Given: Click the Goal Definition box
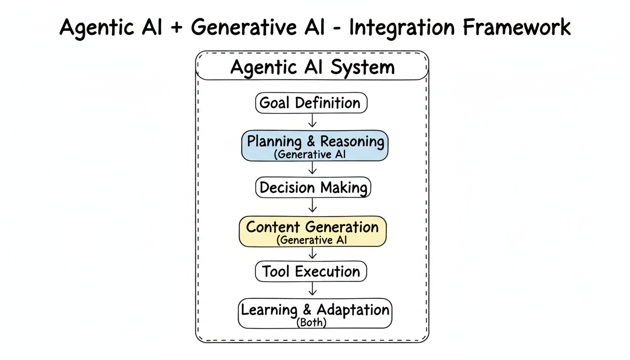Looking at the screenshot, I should click(x=311, y=103).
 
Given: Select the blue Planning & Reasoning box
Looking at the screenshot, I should click(x=315, y=146).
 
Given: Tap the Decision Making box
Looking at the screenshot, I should click(x=313, y=188).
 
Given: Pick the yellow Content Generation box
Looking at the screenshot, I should click(x=313, y=231).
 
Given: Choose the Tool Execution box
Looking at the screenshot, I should click(x=311, y=271).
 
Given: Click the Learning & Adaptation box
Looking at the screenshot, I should click(x=315, y=313).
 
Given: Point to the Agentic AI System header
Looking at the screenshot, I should click(x=312, y=68).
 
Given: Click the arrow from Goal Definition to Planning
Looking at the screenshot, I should click(x=312, y=121).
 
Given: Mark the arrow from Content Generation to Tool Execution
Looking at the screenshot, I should click(x=312, y=254).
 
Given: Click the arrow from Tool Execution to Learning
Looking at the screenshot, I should click(x=312, y=289).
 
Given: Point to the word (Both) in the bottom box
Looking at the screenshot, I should click(x=312, y=323).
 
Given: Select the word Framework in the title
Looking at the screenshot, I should click(x=517, y=27).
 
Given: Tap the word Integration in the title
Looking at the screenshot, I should click(x=403, y=27).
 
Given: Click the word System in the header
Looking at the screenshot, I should click(x=362, y=68).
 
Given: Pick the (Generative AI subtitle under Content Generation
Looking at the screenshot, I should click(x=311, y=240).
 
